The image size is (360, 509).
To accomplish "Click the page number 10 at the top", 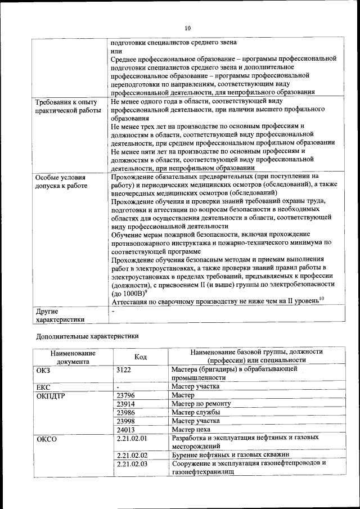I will point(188,28).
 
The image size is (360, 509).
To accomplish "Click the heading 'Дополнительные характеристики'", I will point(87,336).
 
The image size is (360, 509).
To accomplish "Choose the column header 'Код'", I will point(141,357).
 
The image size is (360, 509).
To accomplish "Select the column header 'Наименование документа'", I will point(72,357).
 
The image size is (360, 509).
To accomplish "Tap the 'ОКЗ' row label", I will point(44,370).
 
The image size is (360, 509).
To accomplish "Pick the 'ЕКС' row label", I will point(44,387).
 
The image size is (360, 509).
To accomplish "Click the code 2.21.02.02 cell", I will point(132,454).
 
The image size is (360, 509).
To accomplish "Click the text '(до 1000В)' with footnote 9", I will point(129,293).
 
